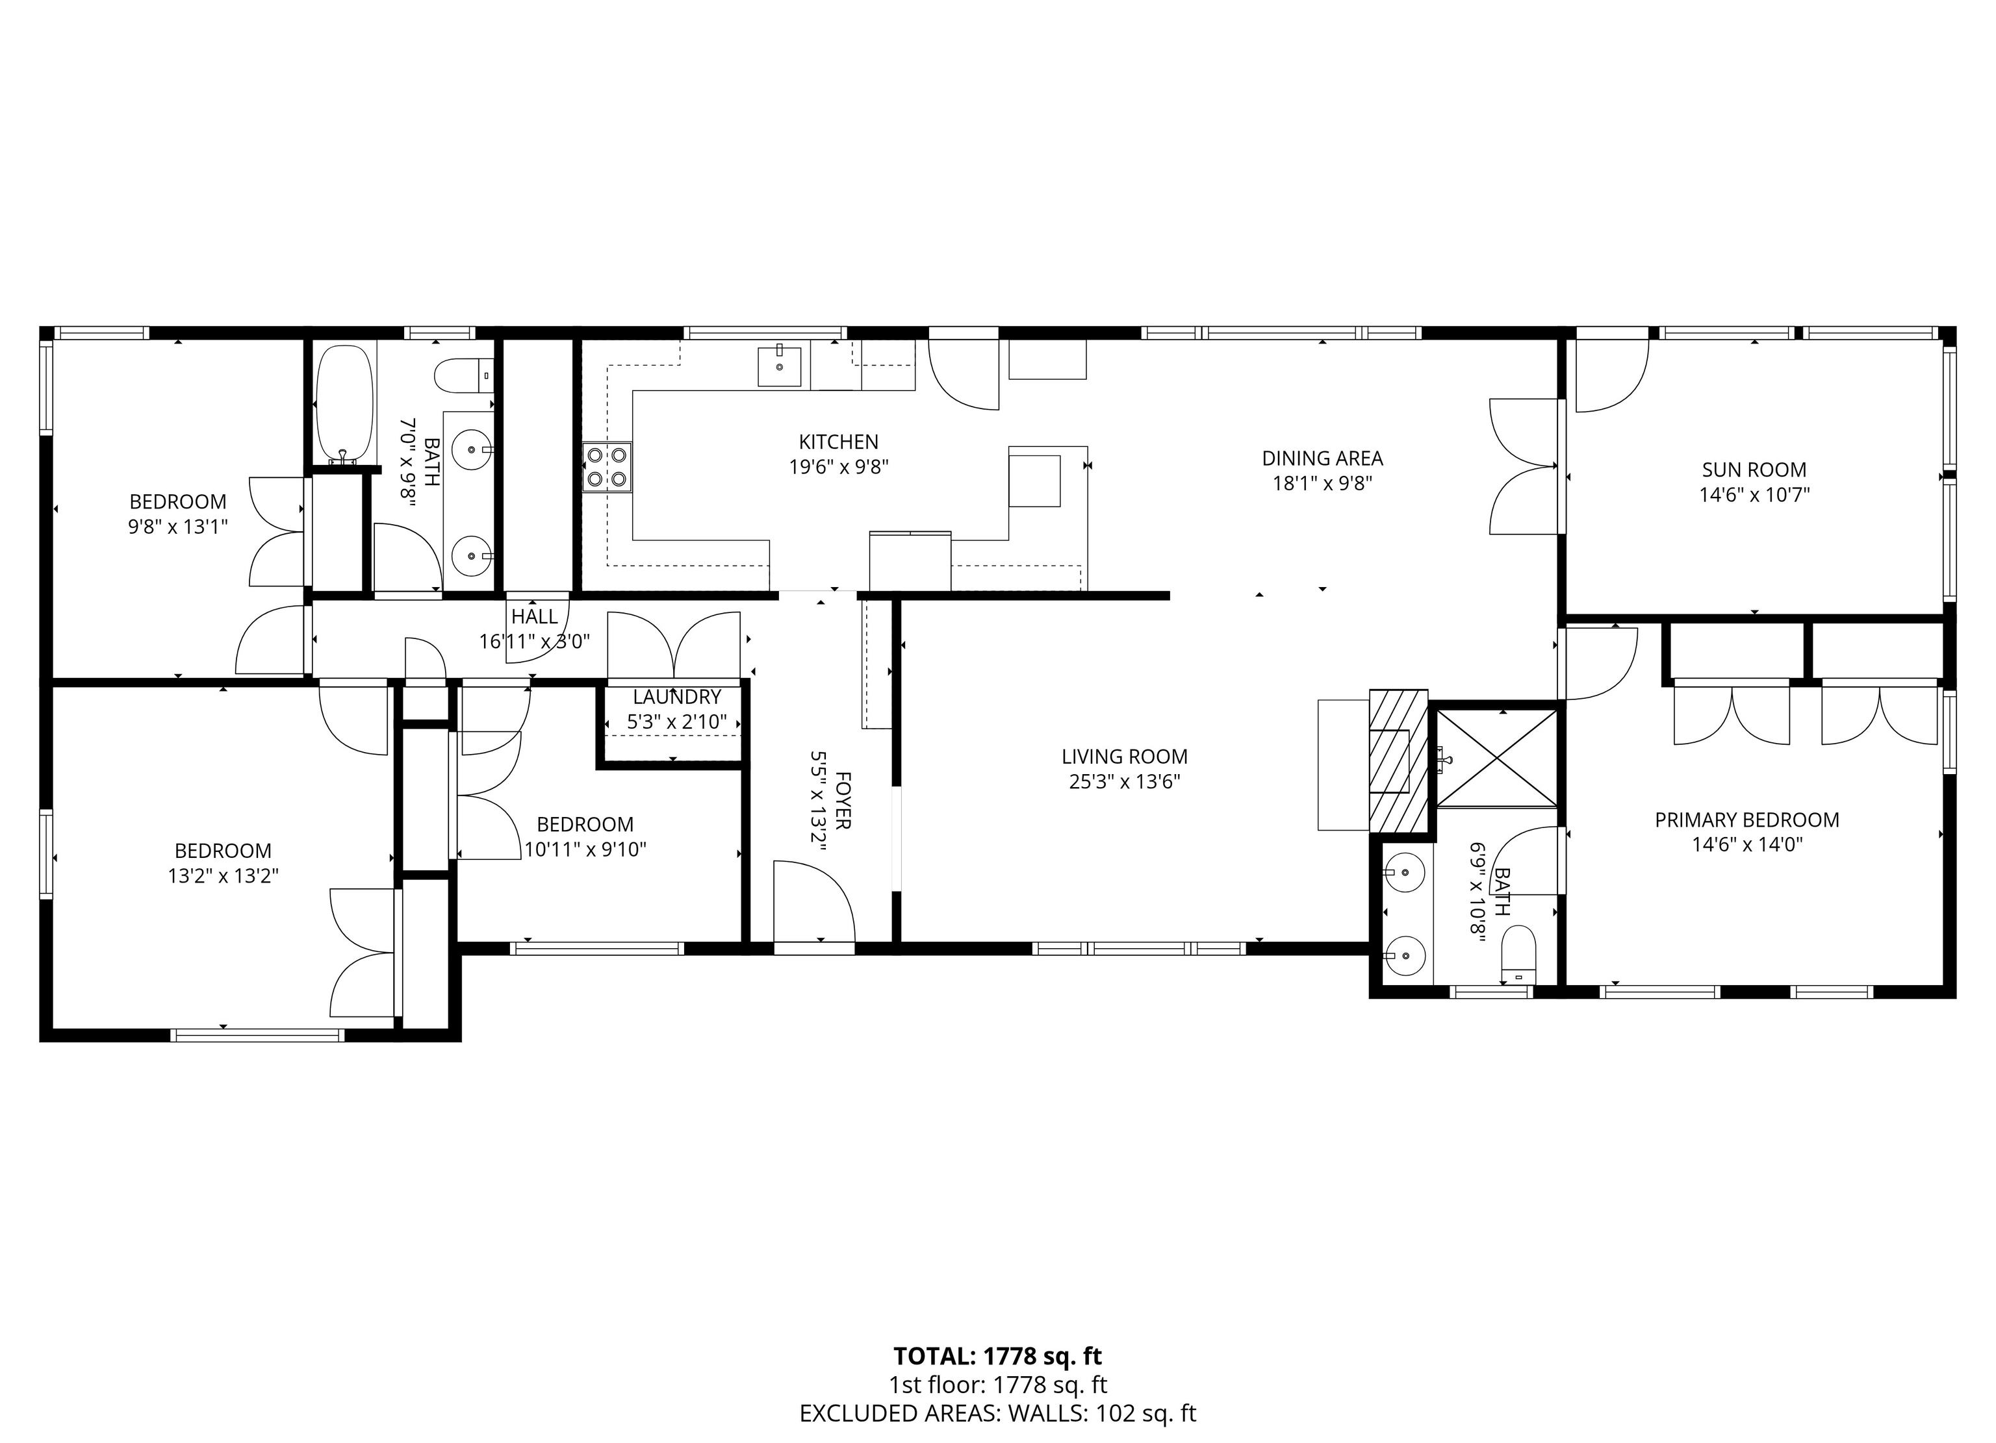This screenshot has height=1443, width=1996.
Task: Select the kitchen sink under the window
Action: click(x=780, y=366)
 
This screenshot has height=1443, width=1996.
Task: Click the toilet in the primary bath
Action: click(x=1518, y=955)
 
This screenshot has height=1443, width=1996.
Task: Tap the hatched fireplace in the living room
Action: click(x=1398, y=761)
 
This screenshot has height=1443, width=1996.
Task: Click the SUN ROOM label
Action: click(x=1754, y=470)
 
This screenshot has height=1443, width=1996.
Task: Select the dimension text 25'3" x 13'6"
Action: click(x=1124, y=781)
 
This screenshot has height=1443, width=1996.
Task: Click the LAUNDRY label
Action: click(x=677, y=697)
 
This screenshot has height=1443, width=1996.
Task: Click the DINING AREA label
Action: click(x=1322, y=458)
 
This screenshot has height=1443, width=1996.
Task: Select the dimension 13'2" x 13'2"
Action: click(x=224, y=875)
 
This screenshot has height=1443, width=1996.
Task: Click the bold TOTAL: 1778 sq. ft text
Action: click(x=998, y=1356)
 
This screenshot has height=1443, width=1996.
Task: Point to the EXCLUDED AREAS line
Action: click(x=998, y=1413)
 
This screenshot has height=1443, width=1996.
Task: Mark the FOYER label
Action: click(x=842, y=801)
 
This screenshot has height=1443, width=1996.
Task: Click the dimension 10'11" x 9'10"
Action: click(x=585, y=849)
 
